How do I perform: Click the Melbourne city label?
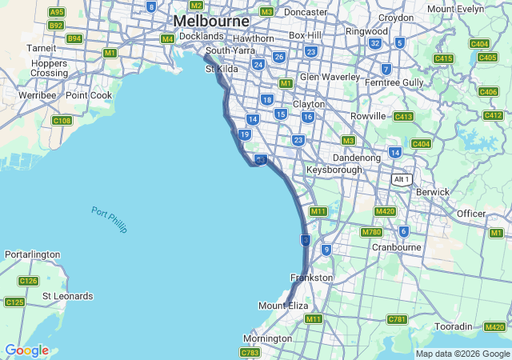click(x=211, y=21)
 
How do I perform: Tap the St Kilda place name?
click(x=222, y=69)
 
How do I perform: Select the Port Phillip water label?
click(x=109, y=220)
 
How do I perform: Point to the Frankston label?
click(x=311, y=278)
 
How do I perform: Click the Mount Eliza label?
click(x=282, y=306)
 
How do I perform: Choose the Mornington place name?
click(x=267, y=338)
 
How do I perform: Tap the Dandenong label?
click(x=355, y=158)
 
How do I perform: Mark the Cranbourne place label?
click(x=396, y=247)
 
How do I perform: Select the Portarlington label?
click(x=32, y=254)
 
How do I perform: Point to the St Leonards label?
click(x=67, y=296)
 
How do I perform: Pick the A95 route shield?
click(x=56, y=12)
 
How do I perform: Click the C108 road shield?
click(x=62, y=121)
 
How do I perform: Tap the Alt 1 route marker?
click(x=401, y=179)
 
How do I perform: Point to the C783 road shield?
click(x=250, y=352)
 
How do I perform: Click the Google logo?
click(x=26, y=350)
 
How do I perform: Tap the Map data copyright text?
click(x=462, y=354)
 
